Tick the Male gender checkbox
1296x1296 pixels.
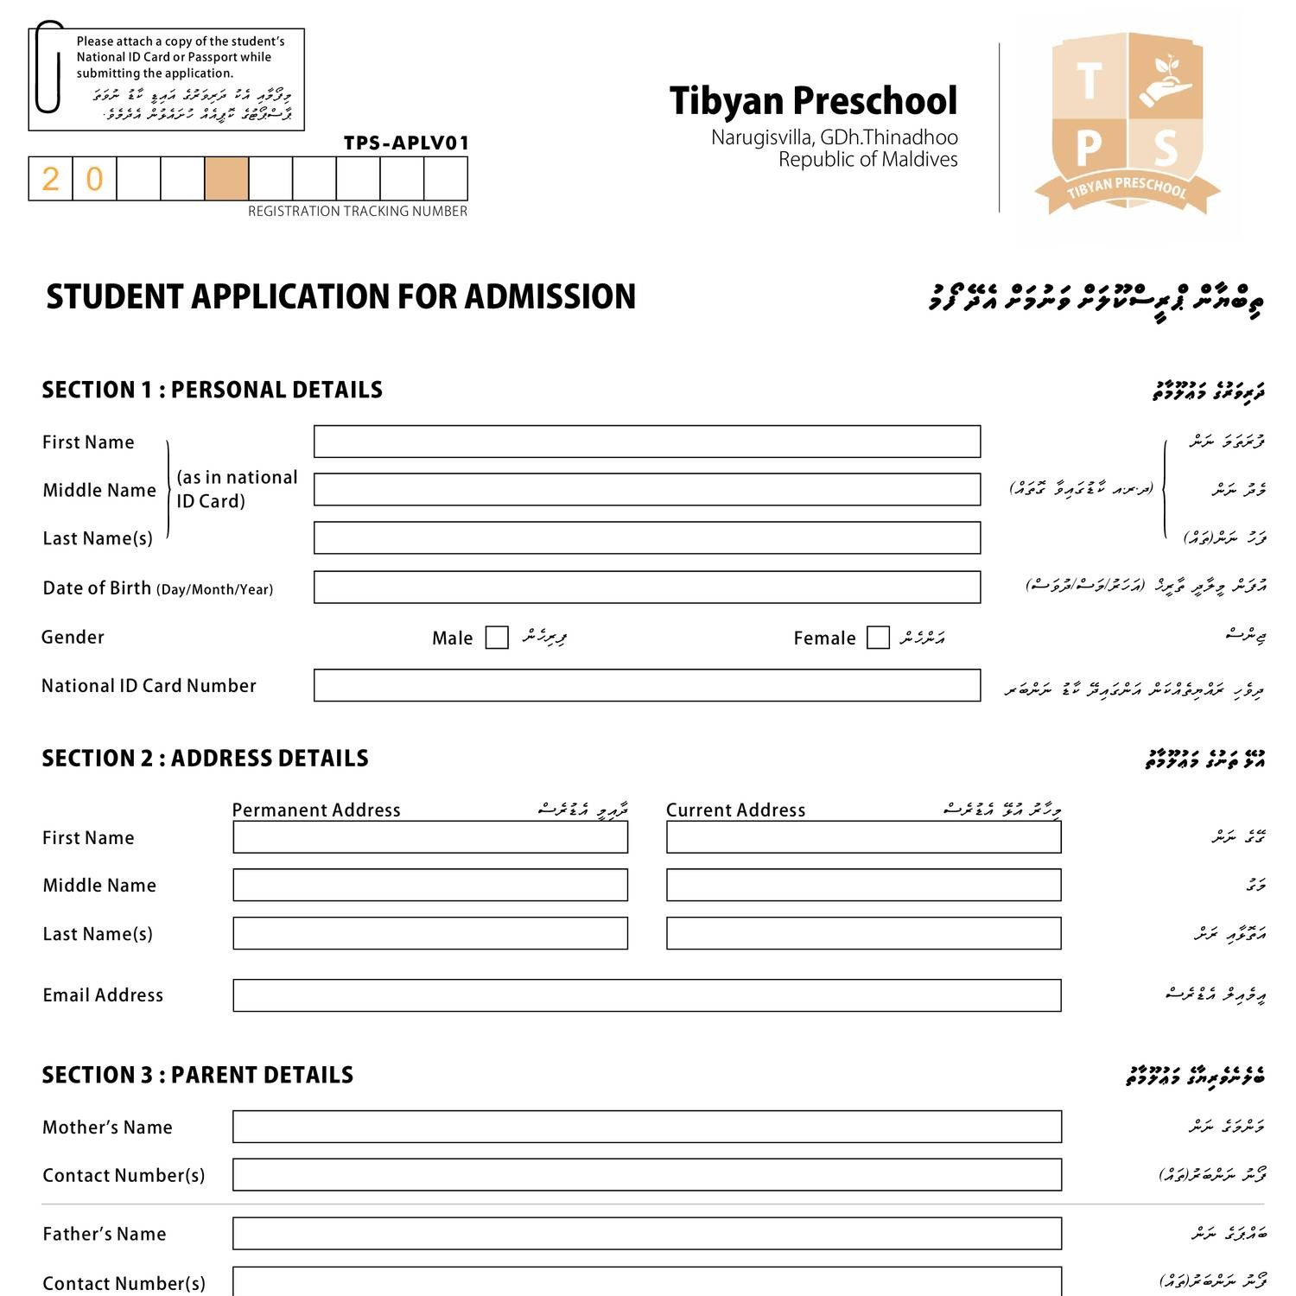[497, 638]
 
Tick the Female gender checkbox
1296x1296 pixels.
[878, 638]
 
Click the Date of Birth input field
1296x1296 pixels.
[646, 588]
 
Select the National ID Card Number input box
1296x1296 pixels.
[646, 685]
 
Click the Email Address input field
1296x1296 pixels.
[646, 995]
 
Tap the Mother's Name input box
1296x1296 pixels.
[646, 1127]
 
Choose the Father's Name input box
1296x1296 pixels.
[646, 1234]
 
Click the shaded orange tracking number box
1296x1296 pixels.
[226, 179]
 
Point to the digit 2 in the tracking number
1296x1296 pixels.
[51, 179]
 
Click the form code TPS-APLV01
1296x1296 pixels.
[406, 143]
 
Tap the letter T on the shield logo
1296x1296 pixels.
[1089, 81]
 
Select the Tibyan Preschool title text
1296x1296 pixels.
[813, 101]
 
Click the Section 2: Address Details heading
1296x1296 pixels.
[206, 759]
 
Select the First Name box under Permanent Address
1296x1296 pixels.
[430, 837]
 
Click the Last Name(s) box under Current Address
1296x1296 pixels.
[863, 934]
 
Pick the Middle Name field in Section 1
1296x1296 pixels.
[646, 489]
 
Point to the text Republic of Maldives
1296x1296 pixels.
[867, 160]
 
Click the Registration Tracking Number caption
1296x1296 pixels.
[357, 212]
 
